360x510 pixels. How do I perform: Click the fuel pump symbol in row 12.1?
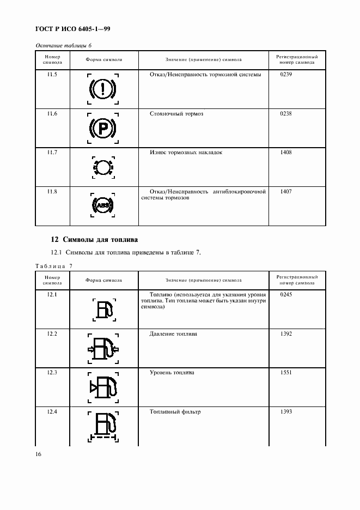[103, 309]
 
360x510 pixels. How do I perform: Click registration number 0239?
[286, 74]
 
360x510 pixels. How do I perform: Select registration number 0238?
[286, 113]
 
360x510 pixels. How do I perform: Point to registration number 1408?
[286, 153]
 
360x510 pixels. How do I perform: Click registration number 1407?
[286, 192]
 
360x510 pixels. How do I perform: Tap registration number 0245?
[286, 294]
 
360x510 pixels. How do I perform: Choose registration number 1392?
[286, 333]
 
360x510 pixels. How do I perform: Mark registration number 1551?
[286, 373]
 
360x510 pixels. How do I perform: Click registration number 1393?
[286, 412]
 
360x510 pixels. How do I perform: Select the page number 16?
[39, 454]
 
